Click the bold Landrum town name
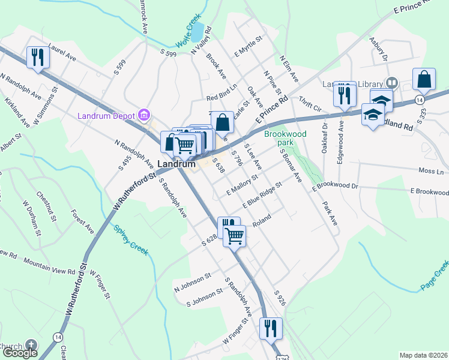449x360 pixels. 176,163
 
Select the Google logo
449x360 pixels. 20,353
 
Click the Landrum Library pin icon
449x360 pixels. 391,82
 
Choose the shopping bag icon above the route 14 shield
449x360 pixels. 424,79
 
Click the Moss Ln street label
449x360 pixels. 430,172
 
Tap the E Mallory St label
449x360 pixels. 242,185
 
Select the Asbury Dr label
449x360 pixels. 379,50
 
